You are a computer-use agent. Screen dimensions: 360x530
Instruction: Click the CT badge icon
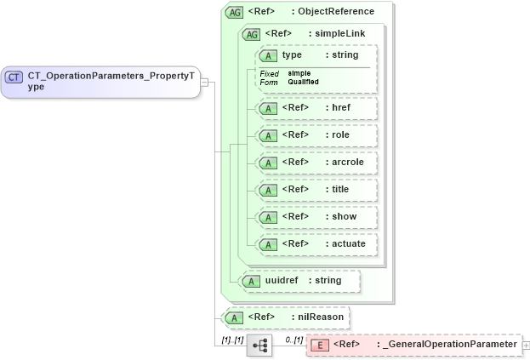click(x=14, y=77)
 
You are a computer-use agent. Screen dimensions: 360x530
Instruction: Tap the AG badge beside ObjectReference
click(x=233, y=12)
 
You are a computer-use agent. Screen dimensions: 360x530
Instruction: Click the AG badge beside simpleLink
click(x=252, y=34)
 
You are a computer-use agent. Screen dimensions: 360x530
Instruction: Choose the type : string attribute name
click(x=293, y=55)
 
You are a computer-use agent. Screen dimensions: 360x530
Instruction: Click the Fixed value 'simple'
click(x=298, y=73)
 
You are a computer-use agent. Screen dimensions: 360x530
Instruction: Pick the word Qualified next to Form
click(x=303, y=82)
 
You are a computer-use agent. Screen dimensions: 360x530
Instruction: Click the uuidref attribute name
click(x=281, y=280)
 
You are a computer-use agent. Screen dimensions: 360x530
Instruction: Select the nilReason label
click(x=320, y=317)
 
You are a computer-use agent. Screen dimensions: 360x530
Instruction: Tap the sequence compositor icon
click(x=259, y=345)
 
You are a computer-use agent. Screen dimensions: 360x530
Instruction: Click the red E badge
click(x=318, y=345)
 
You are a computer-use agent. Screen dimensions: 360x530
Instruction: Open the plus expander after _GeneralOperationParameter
click(x=525, y=345)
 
